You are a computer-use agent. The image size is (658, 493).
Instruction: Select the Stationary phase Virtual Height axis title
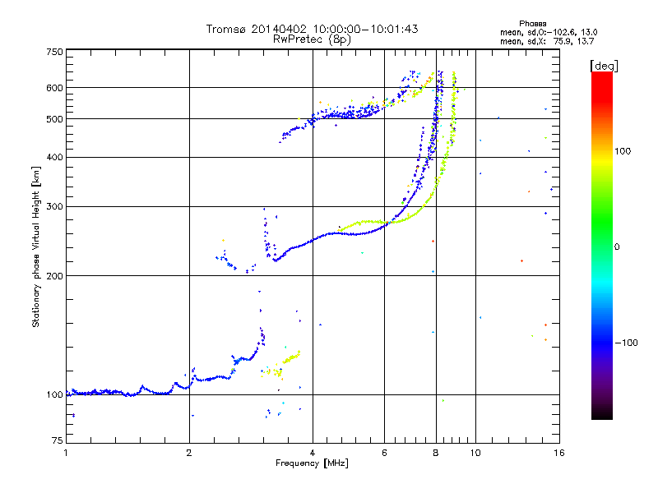tap(36, 247)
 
